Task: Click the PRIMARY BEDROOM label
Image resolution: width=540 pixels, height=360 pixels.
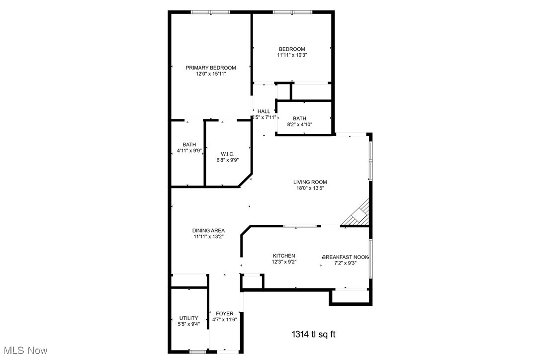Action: tap(211, 68)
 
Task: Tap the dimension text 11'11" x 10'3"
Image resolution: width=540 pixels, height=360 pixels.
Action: tap(292, 55)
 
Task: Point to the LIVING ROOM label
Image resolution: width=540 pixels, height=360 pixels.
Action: tap(310, 182)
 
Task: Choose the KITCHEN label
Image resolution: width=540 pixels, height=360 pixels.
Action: tap(283, 256)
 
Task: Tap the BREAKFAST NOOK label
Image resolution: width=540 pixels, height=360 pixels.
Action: tap(346, 257)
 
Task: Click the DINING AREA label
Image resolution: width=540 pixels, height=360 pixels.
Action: tap(208, 231)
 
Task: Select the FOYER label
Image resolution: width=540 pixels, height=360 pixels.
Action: tap(225, 313)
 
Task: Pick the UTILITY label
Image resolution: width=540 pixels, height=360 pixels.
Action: tap(189, 318)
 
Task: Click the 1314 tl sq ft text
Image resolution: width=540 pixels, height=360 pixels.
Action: tap(313, 334)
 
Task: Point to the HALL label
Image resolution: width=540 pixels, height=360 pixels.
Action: tap(264, 111)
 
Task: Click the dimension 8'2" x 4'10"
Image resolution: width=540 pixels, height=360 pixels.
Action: tap(299, 124)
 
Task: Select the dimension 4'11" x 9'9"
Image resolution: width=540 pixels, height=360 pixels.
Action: tap(189, 151)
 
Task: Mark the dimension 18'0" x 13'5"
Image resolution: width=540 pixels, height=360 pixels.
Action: tap(310, 188)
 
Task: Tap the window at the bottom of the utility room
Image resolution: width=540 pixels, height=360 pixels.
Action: tap(197, 352)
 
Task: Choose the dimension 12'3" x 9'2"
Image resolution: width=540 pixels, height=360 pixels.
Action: tap(283, 262)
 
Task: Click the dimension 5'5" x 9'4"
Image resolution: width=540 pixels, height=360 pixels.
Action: tap(189, 324)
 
